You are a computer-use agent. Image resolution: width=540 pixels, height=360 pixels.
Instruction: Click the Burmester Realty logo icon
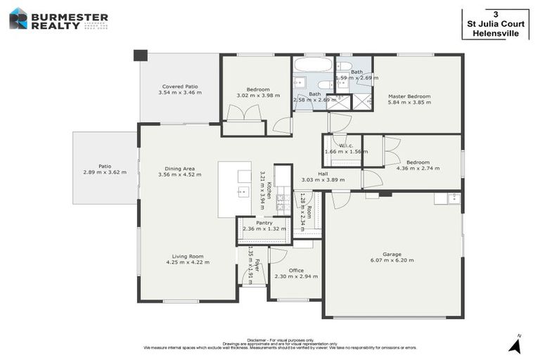click(18, 18)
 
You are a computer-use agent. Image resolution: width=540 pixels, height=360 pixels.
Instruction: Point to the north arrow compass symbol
click(516, 345)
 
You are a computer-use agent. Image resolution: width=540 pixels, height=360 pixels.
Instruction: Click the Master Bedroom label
click(409, 96)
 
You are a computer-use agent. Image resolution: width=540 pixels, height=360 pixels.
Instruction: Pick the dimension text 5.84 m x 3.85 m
click(409, 103)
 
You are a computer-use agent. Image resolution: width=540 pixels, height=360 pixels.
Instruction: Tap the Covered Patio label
click(180, 86)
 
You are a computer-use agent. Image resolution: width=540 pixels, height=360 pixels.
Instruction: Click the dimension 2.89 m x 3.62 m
click(105, 172)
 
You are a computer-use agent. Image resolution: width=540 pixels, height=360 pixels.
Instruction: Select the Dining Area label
click(180, 169)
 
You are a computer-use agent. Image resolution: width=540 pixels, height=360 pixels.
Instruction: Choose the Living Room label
click(188, 256)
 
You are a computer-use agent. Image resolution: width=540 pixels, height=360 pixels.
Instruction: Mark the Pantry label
click(264, 222)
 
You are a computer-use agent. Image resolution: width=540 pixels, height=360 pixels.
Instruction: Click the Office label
click(296, 270)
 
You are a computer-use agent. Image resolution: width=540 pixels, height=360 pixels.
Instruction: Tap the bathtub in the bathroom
click(313, 65)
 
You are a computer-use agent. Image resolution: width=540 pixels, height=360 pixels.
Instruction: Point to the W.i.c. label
click(346, 146)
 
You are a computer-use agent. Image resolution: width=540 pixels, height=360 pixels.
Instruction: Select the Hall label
click(323, 173)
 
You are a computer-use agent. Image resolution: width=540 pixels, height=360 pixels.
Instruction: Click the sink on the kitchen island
click(243, 191)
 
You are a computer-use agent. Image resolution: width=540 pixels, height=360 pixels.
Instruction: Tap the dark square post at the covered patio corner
click(141, 55)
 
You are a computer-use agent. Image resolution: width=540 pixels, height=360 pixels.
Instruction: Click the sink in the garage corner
click(454, 198)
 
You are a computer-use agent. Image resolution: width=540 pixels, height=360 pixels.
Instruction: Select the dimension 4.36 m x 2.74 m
click(413, 168)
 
